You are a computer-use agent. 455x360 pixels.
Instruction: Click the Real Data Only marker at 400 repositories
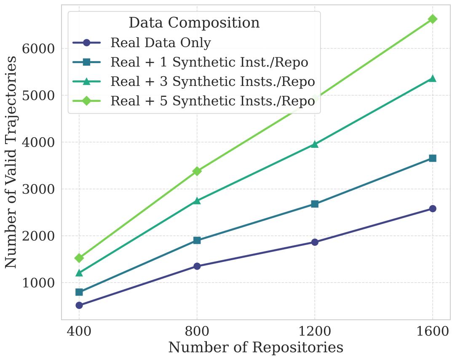click(x=79, y=305)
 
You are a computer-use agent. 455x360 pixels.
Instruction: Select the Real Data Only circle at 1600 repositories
click(x=432, y=209)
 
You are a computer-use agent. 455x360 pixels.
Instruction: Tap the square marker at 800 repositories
click(x=197, y=240)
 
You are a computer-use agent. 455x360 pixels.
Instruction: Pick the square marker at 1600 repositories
click(x=432, y=158)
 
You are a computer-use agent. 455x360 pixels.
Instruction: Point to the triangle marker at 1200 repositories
click(x=315, y=144)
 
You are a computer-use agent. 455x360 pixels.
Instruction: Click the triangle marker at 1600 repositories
click(x=432, y=79)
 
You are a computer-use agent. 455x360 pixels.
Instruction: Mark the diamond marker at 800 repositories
click(x=197, y=171)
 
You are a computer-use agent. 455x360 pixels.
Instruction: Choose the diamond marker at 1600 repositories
click(x=432, y=19)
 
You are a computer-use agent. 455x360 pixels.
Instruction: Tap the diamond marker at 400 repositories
click(x=79, y=258)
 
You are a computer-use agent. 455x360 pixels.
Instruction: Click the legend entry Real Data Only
click(x=161, y=43)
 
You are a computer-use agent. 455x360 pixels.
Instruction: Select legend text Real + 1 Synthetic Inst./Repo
click(x=209, y=62)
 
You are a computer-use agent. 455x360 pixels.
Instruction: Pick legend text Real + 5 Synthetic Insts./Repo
click(x=212, y=101)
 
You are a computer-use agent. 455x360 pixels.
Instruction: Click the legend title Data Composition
click(x=194, y=23)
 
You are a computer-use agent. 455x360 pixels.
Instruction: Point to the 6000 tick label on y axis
click(x=38, y=49)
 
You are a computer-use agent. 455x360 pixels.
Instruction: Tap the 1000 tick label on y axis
click(x=38, y=283)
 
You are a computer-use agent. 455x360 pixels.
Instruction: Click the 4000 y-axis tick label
click(x=38, y=142)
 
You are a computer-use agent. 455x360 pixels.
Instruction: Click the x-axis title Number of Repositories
click(x=256, y=348)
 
